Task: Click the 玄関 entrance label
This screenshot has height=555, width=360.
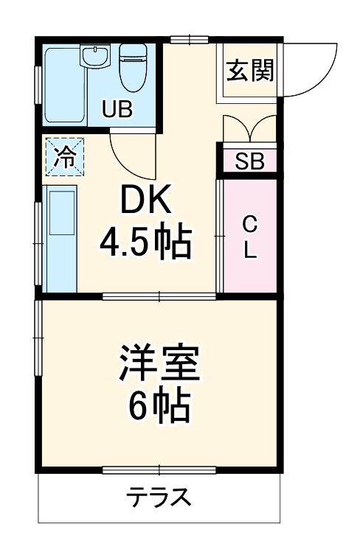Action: [x=249, y=71]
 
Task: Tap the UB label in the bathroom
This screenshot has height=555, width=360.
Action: [x=117, y=111]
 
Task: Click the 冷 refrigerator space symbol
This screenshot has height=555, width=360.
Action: [x=65, y=157]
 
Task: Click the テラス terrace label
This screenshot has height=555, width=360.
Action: [x=159, y=498]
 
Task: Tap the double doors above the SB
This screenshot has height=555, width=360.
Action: [x=251, y=130]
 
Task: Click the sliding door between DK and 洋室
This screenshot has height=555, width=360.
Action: [x=159, y=296]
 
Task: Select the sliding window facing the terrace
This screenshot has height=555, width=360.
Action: [x=159, y=470]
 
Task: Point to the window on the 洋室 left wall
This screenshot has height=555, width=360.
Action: [x=38, y=339]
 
